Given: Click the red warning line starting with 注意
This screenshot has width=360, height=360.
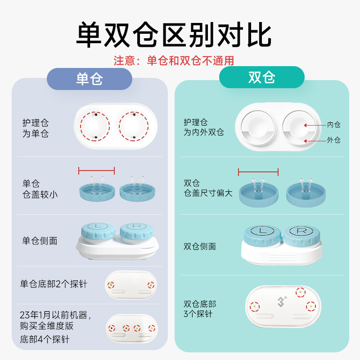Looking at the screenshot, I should [174, 61].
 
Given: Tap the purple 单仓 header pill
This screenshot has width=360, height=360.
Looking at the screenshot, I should [89, 79].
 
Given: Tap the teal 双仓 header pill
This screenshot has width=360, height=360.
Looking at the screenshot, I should [261, 77].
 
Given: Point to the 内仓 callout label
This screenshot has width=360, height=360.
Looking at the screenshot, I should [333, 125].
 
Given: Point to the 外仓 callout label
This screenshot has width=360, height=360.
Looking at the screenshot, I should [333, 140].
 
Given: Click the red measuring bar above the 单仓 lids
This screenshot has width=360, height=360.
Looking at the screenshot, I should [96, 171].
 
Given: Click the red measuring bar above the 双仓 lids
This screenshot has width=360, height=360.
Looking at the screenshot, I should [258, 171].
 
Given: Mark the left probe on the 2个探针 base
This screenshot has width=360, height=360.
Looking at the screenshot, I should [111, 284].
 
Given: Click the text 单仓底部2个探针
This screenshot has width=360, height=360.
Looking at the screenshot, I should [54, 284].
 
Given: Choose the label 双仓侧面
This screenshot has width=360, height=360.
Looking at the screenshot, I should [200, 246].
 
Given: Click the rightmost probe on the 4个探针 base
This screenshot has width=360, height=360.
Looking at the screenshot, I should [153, 328].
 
